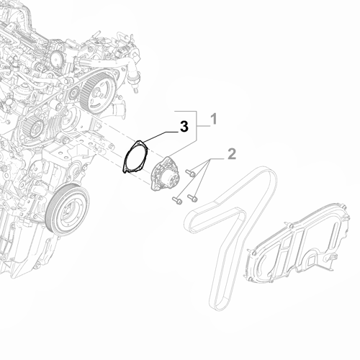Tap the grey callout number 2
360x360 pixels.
coord(231,153)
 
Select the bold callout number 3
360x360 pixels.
coord(184,127)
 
